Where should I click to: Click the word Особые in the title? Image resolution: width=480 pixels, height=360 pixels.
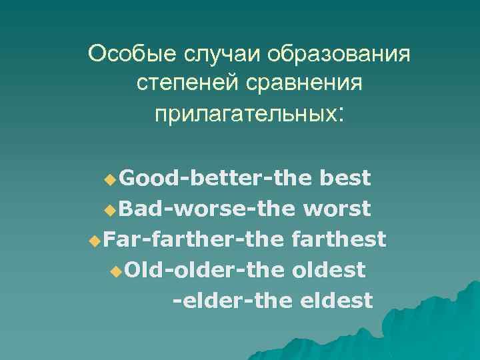[x=125, y=53]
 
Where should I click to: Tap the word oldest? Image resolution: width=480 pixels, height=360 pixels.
[x=329, y=270]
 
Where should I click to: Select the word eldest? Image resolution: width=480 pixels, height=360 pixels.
[x=337, y=301]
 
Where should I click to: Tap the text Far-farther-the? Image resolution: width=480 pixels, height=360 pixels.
[x=195, y=239]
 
